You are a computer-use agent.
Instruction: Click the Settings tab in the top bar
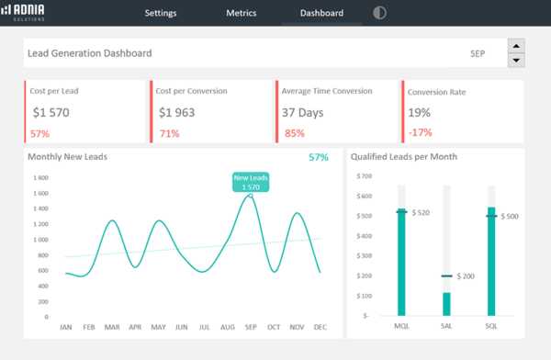click(161, 14)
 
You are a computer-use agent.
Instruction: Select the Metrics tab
click(242, 14)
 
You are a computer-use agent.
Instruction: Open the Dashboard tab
click(321, 14)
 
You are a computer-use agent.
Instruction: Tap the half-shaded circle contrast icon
click(380, 14)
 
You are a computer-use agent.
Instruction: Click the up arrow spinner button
click(516, 46)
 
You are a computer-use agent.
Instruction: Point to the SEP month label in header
click(477, 54)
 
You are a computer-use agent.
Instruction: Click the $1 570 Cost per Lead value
click(51, 113)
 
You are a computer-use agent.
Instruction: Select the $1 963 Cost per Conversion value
click(177, 113)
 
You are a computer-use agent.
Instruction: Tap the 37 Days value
click(302, 113)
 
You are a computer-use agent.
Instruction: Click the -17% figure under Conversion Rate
click(420, 133)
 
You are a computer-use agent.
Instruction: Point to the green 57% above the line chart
click(318, 157)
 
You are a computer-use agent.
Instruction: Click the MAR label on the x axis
click(112, 326)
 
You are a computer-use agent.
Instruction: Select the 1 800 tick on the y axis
click(40, 178)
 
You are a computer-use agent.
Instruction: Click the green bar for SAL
click(447, 304)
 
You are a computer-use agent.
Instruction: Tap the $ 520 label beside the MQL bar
click(421, 212)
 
